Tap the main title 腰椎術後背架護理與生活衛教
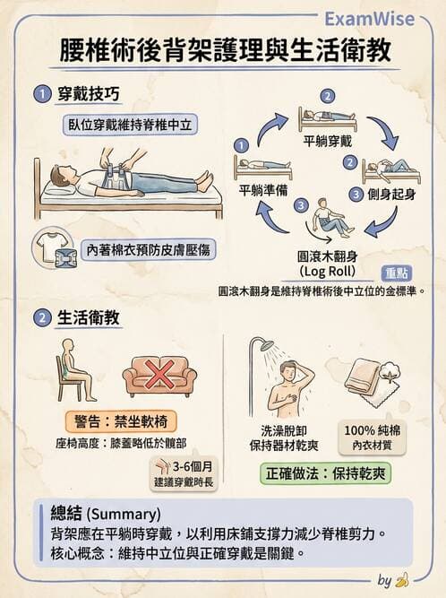(223, 51)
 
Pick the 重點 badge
(397, 273)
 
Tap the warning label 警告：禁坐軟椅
(116, 422)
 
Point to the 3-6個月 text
(193, 467)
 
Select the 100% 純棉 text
(371, 429)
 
